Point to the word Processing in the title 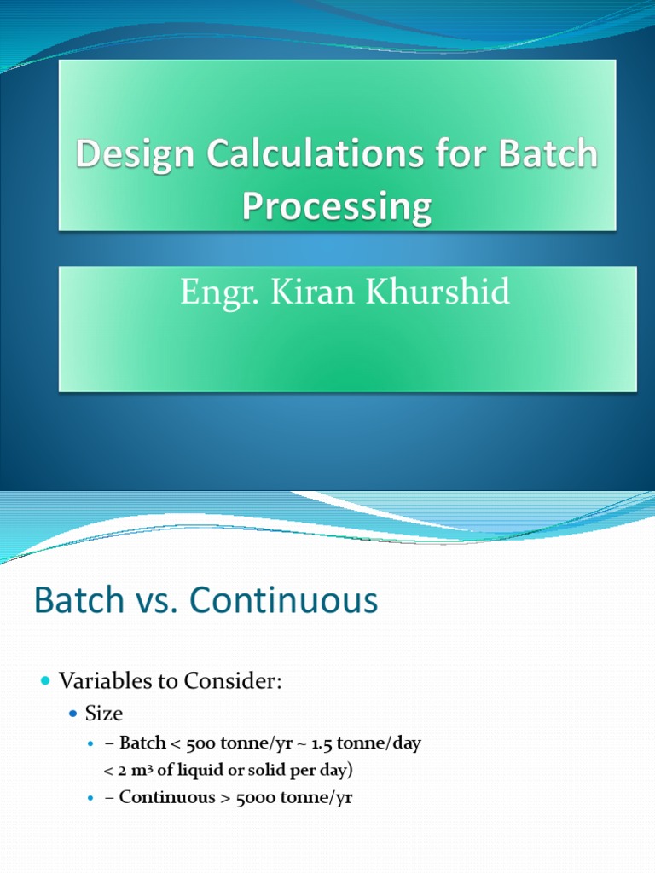pos(336,207)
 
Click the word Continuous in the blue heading pos(284,601)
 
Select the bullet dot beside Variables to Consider pos(45,680)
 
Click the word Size pos(104,714)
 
